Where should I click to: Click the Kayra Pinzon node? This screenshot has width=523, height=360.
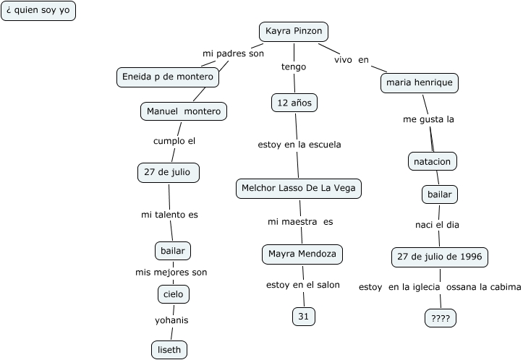(294, 32)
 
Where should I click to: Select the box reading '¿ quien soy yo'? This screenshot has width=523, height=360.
(38, 11)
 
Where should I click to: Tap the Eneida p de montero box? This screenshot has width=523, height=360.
(168, 77)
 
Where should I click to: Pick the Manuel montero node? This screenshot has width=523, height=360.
(184, 111)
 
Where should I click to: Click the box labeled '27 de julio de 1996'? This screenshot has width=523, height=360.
(440, 257)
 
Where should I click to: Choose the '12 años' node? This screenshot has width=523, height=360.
(294, 103)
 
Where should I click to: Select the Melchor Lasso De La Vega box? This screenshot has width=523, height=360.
(298, 189)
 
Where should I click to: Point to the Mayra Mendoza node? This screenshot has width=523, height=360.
(301, 254)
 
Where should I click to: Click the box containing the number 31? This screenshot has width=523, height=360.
(304, 316)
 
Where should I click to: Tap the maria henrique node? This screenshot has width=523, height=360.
(420, 83)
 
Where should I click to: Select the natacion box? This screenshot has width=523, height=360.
(433, 160)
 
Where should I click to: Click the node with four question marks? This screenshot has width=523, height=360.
(441, 317)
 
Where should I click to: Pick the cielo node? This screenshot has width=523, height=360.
(174, 294)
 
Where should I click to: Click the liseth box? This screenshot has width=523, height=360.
(169, 350)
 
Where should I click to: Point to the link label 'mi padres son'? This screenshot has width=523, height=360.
(233, 53)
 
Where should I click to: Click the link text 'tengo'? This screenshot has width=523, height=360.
(294, 67)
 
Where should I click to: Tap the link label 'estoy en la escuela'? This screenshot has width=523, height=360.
(299, 145)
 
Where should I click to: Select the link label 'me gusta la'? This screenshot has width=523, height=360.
(428, 119)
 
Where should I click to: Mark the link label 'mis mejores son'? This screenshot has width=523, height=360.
(171, 273)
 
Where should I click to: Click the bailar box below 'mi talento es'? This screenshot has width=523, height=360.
(173, 251)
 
